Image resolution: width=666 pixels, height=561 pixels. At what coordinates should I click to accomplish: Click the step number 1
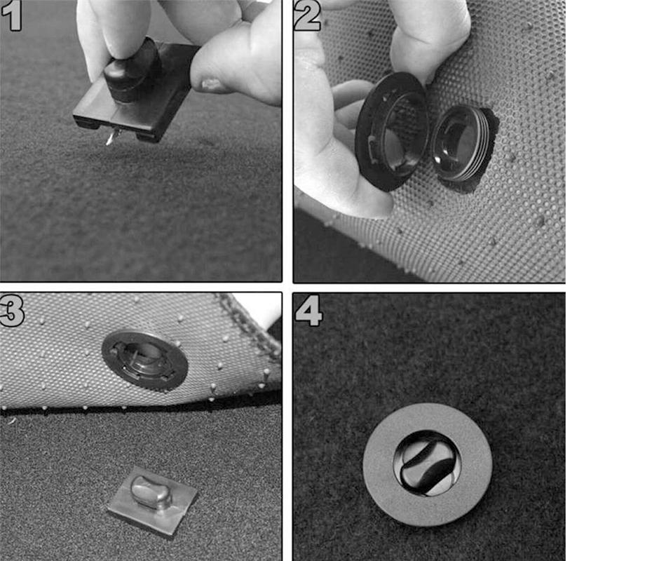pos(12,15)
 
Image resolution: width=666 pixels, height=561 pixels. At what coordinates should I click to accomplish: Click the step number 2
pos(308,15)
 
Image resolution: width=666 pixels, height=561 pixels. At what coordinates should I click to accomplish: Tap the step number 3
pos(12,311)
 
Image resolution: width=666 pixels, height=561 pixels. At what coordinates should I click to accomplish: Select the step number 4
pos(308,311)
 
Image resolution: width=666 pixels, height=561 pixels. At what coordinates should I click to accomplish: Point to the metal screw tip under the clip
pos(111,137)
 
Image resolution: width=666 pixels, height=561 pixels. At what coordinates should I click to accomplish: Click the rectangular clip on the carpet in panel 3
pos(153,502)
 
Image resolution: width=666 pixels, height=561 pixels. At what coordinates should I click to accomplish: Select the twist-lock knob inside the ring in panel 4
pos(428,464)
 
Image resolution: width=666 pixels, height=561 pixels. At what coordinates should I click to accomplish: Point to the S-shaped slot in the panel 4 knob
pos(428,464)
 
